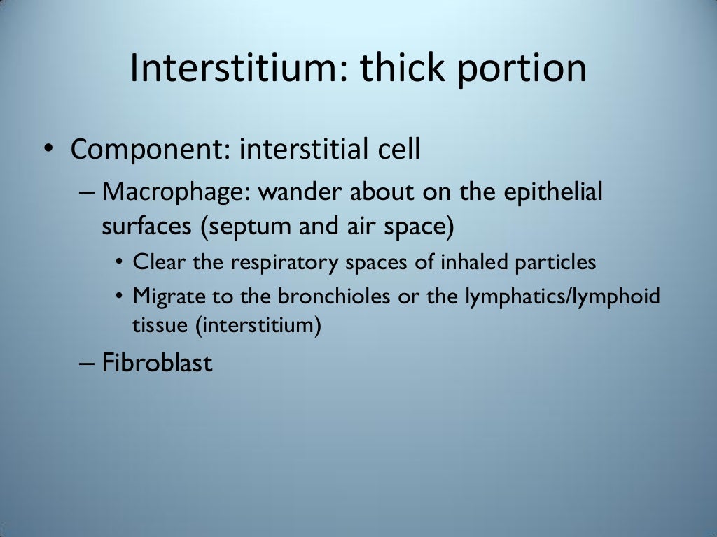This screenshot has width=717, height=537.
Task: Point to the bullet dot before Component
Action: (x=47, y=150)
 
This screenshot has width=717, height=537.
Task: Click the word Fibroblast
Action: (x=158, y=363)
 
